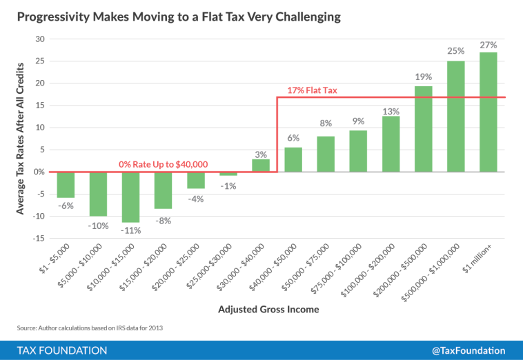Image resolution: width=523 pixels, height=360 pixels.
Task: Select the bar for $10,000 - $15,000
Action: point(130,197)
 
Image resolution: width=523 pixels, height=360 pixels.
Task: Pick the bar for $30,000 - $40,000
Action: point(261,166)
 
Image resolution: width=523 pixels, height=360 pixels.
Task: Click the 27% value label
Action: point(489,45)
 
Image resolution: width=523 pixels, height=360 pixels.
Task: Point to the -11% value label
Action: point(130,230)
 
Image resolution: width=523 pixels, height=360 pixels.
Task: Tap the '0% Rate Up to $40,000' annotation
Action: point(164,164)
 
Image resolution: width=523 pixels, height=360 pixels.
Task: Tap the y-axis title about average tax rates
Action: point(21,138)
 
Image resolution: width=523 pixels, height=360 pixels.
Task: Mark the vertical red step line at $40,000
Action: point(277,134)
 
